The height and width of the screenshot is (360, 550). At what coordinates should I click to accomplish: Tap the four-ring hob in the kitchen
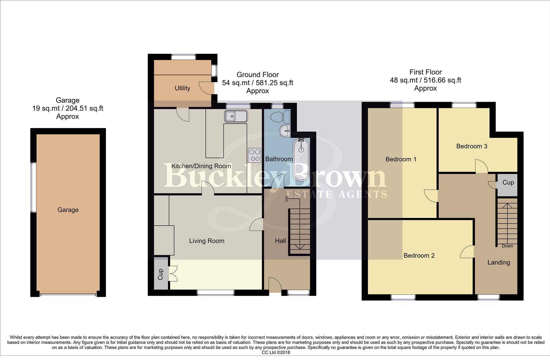click(x=254, y=155)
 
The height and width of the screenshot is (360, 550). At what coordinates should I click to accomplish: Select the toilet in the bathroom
click(x=280, y=117)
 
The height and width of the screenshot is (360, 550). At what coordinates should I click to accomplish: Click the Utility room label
click(x=182, y=88)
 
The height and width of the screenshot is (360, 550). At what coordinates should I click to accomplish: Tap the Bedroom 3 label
click(x=472, y=146)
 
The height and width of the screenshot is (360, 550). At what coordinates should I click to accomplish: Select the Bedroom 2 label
click(x=419, y=255)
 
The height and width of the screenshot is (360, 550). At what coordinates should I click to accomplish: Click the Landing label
click(x=499, y=262)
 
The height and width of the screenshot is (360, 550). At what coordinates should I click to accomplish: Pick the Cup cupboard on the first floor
click(x=508, y=183)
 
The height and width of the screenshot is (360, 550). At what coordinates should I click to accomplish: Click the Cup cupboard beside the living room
click(x=160, y=274)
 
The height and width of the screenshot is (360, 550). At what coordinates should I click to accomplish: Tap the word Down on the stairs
click(x=507, y=246)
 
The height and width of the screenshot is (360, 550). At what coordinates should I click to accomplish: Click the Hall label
click(x=280, y=241)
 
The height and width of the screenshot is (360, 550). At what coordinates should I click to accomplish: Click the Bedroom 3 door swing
click(x=481, y=166)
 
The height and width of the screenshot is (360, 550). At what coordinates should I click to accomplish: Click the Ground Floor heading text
click(x=257, y=75)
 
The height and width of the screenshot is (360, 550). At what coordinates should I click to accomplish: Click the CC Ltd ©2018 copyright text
click(x=276, y=352)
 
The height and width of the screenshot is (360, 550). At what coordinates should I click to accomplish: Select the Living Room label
click(x=206, y=241)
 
